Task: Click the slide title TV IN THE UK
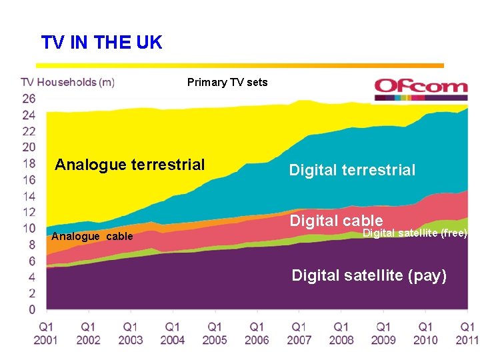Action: [x=101, y=43]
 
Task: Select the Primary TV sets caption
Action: [x=227, y=83]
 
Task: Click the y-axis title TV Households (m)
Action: [x=67, y=83]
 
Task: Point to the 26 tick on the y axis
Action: [x=28, y=99]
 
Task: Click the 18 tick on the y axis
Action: [x=28, y=163]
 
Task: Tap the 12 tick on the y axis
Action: [x=28, y=212]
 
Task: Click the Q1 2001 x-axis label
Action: [x=47, y=333]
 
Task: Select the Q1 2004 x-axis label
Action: [x=173, y=333]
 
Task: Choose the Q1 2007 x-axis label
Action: [x=299, y=333]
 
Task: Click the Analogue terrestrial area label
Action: [x=130, y=165]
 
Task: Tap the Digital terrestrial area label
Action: [x=352, y=171]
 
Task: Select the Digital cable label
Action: [x=336, y=221]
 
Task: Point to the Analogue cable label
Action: [x=92, y=237]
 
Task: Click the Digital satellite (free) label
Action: [x=415, y=233]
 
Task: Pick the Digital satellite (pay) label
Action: [x=369, y=275]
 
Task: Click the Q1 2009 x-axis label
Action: [x=383, y=333]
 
